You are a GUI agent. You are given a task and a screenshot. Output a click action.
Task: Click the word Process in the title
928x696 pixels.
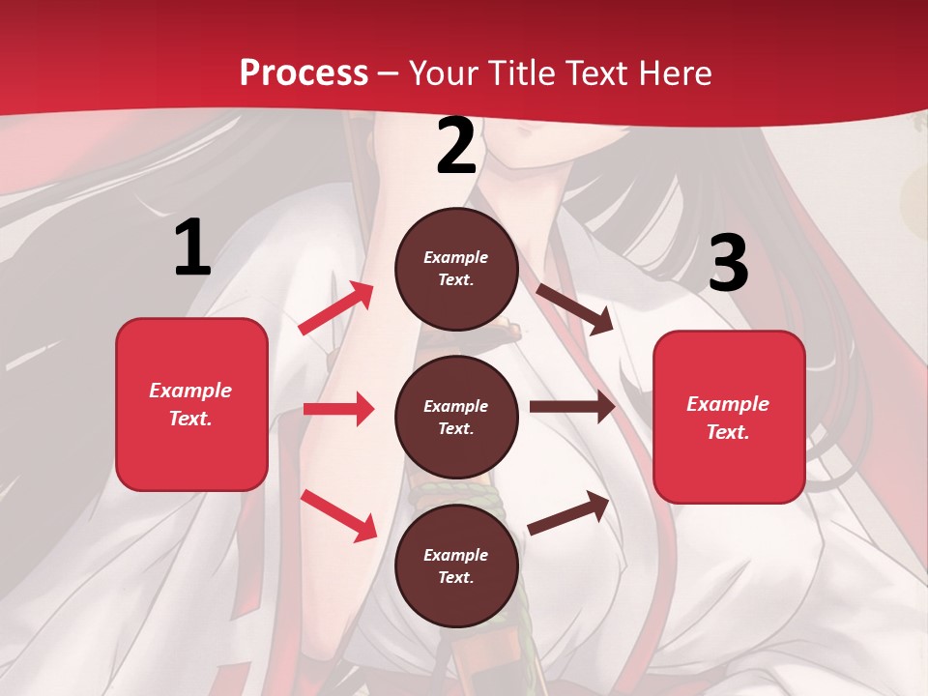click(x=304, y=73)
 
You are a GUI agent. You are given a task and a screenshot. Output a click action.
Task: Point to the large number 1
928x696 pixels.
click(x=192, y=248)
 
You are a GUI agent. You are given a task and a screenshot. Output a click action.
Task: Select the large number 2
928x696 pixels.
click(x=456, y=147)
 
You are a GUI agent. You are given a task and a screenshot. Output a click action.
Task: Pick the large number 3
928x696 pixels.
click(x=729, y=264)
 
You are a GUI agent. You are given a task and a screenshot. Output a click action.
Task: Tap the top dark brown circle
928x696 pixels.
click(x=456, y=269)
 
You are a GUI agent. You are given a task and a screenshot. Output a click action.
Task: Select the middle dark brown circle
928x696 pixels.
click(x=456, y=417)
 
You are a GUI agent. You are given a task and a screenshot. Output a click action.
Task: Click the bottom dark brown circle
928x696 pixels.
click(x=456, y=565)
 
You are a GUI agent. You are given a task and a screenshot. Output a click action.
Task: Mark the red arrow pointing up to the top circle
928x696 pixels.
click(x=336, y=308)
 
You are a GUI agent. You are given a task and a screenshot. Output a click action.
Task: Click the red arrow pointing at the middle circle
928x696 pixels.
click(x=338, y=409)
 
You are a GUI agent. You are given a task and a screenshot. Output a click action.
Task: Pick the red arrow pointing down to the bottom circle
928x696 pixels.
click(x=338, y=515)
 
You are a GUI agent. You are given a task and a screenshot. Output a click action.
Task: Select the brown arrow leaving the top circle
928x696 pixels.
click(x=574, y=308)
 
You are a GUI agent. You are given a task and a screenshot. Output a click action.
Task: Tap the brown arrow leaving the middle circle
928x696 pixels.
click(x=572, y=407)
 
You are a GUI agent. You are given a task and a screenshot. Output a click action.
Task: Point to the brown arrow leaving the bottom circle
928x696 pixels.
click(x=568, y=512)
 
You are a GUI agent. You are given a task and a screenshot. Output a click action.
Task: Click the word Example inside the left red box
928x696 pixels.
click(x=190, y=391)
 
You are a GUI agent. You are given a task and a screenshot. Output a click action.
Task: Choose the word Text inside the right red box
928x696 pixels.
click(x=728, y=432)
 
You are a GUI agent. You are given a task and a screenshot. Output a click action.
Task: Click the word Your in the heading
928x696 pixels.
click(x=445, y=73)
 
